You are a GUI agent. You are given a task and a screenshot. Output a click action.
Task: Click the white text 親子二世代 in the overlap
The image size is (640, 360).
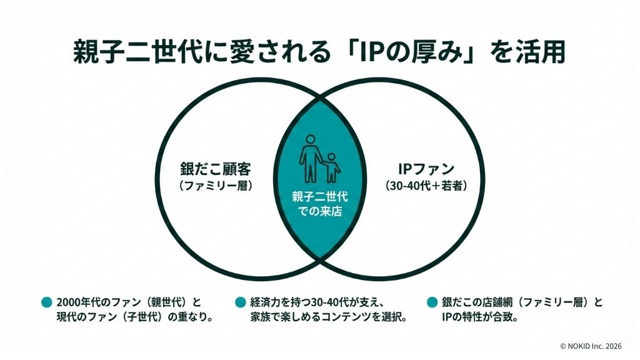[x=320, y=197]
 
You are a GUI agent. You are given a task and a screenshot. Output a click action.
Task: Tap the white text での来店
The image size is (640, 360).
[x=320, y=211]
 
